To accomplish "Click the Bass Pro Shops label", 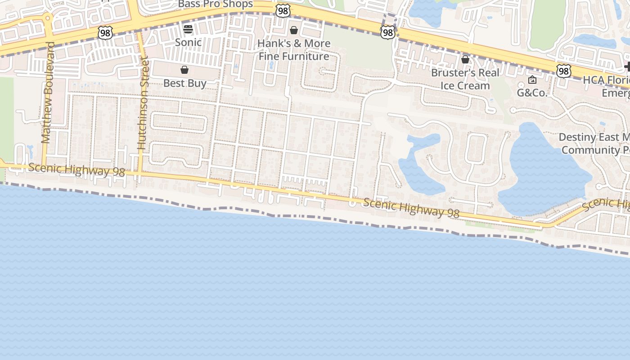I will point(216,4).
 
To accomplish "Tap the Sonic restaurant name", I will point(188,42).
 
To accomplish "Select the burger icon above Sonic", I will point(188,29).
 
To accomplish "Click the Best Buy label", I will point(184,83).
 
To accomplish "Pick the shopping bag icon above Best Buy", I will point(184,70).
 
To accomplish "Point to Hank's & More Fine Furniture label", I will point(294,50).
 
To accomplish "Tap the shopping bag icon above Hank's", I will point(294,30).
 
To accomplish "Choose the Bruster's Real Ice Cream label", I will point(465,79).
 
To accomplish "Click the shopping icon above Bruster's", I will point(465,59).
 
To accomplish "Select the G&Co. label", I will point(532,93).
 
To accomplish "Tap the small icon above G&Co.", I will point(532,80).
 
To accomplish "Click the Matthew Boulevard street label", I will point(47,92).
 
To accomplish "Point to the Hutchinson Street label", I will point(142,103).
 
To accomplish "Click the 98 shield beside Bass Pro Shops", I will point(283,11).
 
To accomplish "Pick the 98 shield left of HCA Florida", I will point(563,71).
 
